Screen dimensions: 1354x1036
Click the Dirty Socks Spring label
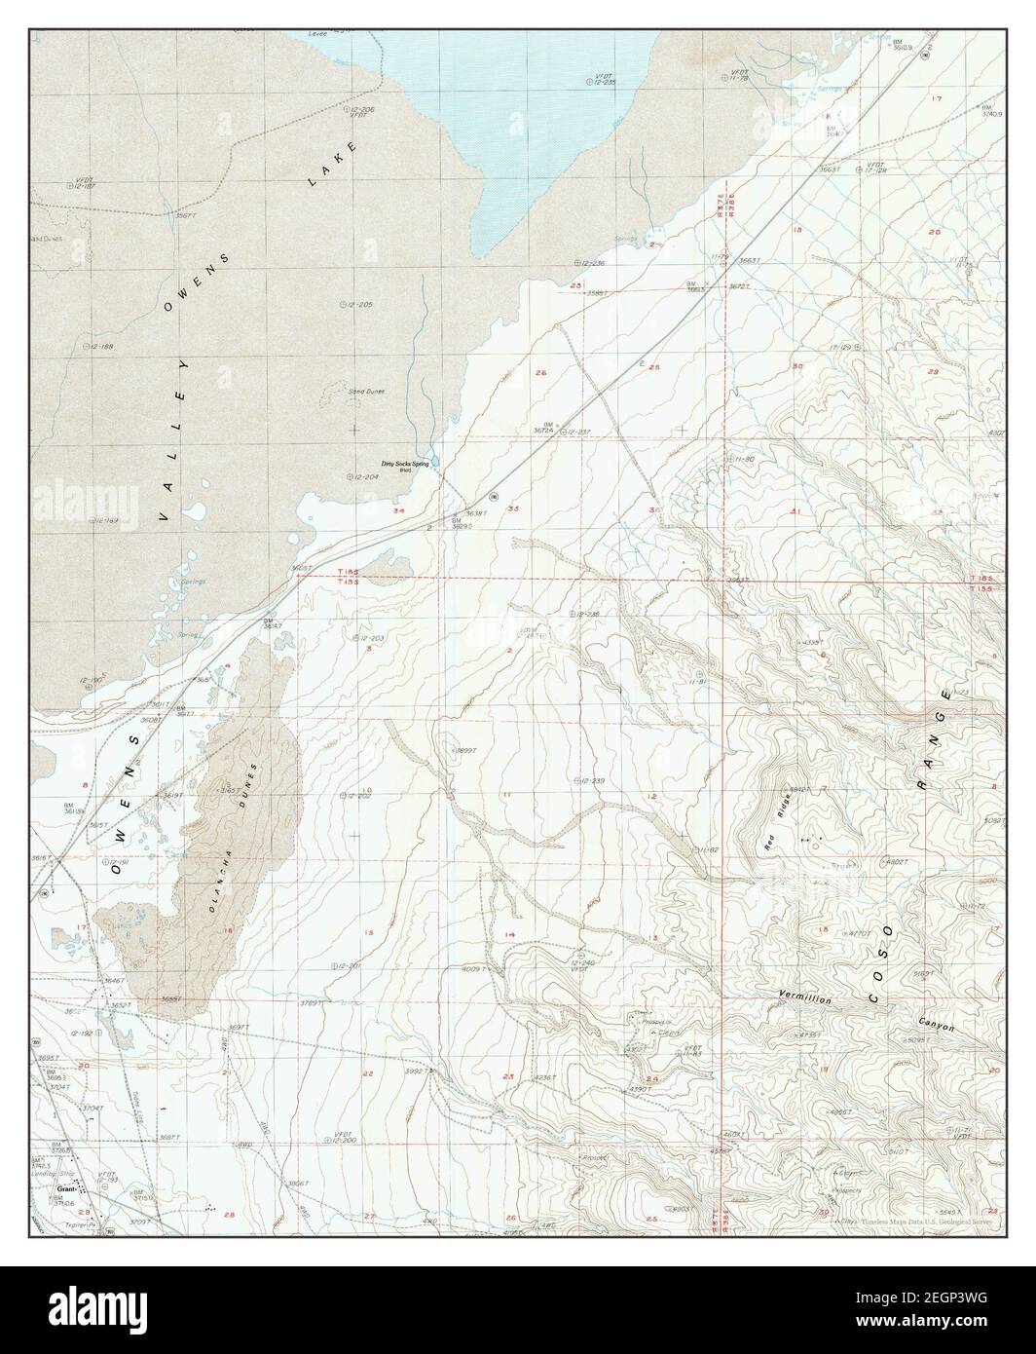point(405,465)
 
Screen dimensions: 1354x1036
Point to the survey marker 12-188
point(97,346)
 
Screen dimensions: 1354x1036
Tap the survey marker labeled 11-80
point(740,458)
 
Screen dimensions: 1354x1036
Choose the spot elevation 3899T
point(463,750)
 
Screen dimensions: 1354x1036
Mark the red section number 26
point(540,372)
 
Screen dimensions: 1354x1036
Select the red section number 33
point(513,508)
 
